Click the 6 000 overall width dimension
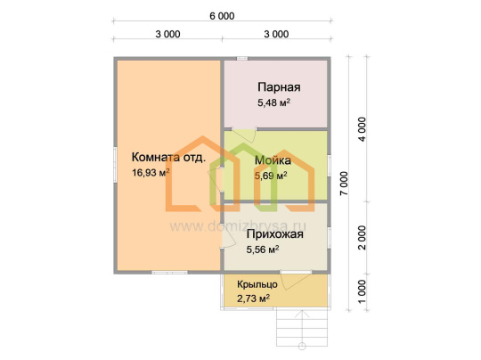click(222, 16)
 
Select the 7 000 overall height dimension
click(345, 184)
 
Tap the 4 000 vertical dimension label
click(363, 129)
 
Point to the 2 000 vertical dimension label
click(363, 238)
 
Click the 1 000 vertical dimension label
click(363, 291)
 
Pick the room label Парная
click(279, 87)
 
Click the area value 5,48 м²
click(274, 102)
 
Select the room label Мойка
click(273, 160)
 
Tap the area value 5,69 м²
click(271, 176)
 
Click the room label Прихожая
click(275, 234)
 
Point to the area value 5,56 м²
click(263, 250)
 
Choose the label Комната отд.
click(168, 157)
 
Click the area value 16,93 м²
click(151, 173)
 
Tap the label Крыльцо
click(257, 284)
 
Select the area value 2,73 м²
click(253, 299)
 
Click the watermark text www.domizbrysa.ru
click(238, 226)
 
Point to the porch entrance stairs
click(302, 327)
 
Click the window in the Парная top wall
click(242, 58)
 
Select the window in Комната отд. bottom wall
click(169, 272)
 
